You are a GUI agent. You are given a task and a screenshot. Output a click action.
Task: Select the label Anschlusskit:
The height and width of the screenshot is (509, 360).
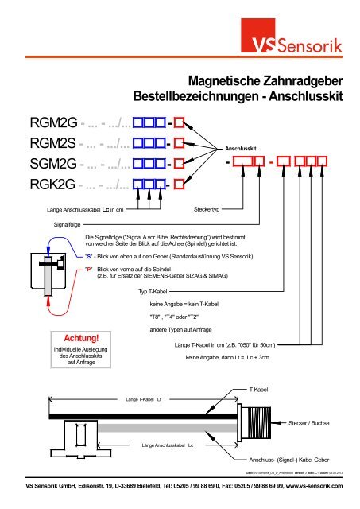[x=242, y=149]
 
